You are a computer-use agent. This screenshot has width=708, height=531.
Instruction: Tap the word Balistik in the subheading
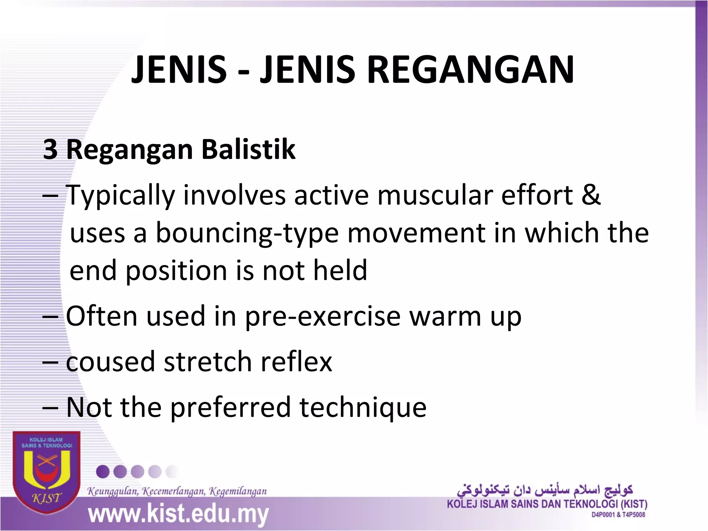coord(248,149)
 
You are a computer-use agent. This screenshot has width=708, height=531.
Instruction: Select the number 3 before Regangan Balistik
coord(50,149)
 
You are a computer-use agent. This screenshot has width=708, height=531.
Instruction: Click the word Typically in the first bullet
coord(120,196)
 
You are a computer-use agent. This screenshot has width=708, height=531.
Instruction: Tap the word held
coord(340,270)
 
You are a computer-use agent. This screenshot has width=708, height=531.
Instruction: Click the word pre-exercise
coord(323,317)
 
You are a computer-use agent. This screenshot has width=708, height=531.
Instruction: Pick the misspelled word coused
coord(110,362)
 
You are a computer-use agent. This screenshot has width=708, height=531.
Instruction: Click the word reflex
coord(296,362)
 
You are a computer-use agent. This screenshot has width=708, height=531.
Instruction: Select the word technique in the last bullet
coord(363,407)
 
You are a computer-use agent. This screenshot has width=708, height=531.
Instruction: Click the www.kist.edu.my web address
coord(178,514)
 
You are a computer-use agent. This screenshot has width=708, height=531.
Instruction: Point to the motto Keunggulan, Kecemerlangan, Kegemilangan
coord(177,491)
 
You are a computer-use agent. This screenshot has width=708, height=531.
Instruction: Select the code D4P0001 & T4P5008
coord(618,515)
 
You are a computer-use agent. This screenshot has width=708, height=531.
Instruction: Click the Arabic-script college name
coord(545,490)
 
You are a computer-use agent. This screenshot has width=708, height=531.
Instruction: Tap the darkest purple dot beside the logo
coord(103,472)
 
